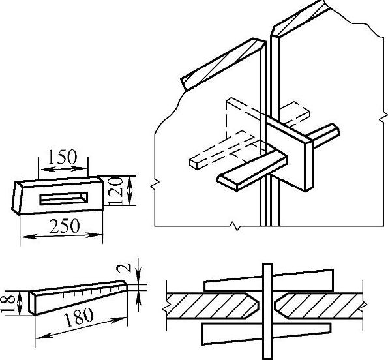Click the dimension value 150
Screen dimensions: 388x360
[x=62, y=157]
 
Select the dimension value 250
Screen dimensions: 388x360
[x=65, y=226]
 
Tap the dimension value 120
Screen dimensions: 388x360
[x=115, y=191]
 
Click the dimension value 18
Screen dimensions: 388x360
[x=8, y=303]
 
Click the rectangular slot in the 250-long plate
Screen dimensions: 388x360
[x=64, y=198]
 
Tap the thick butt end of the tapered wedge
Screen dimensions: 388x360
[x=32, y=303]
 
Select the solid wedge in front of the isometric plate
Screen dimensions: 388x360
[x=252, y=170]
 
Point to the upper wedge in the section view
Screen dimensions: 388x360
[x=269, y=280]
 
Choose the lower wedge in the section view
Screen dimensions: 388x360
[x=267, y=333]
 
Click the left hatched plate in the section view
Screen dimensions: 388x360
[x=213, y=306]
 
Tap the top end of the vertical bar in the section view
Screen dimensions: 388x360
[x=267, y=264]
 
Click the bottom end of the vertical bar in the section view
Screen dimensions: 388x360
[x=267, y=358]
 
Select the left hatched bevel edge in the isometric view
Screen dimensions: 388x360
[x=223, y=65]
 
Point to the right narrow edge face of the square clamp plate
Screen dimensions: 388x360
[x=308, y=165]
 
